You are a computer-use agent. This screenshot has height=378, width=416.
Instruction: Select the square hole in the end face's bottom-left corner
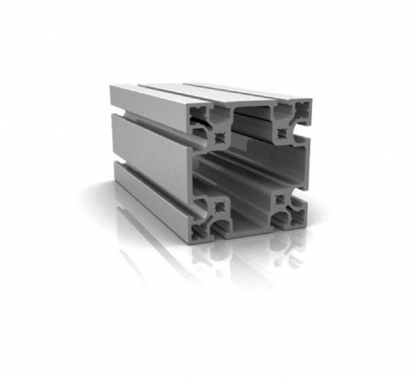[209, 211]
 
